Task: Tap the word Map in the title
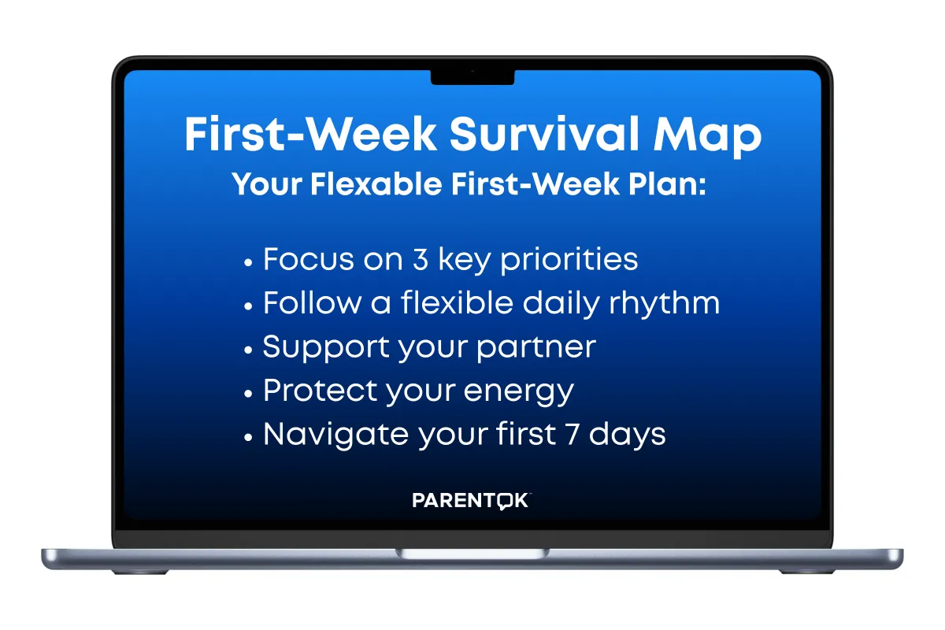pos(707,137)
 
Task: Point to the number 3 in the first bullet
pos(421,258)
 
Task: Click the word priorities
pos(569,260)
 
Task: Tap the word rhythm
pos(665,303)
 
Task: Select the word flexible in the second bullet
pos(457,302)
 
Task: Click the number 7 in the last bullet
pos(572,434)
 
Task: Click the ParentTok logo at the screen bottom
pos(472,500)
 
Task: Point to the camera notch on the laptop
pos(472,77)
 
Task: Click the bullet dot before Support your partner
pos(248,350)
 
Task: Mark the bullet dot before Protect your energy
pos(248,394)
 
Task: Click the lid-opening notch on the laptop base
pos(472,553)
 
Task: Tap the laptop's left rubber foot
pos(140,572)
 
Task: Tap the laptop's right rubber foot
pos(806,572)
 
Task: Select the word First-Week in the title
pos(310,133)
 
